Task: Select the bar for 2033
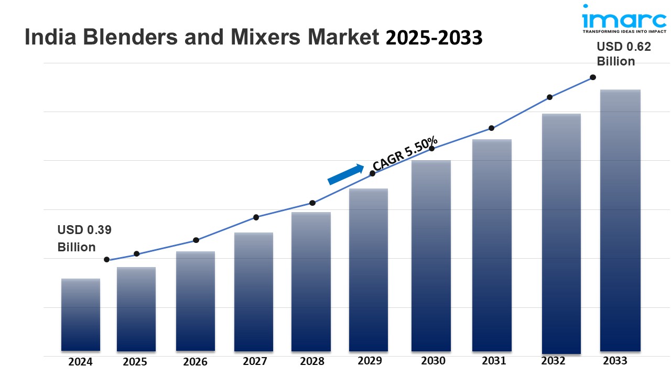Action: [x=620, y=220]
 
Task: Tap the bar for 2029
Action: [x=368, y=270]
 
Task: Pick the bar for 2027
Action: [x=253, y=292]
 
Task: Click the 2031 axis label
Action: [x=494, y=361]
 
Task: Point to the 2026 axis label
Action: [x=195, y=362]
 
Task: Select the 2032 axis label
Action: [x=553, y=361]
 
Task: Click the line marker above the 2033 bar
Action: [x=593, y=77]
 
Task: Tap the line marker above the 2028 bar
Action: [x=312, y=203]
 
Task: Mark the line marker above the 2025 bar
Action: [x=137, y=254]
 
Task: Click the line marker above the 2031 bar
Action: [x=492, y=128]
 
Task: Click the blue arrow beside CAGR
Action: [x=345, y=174]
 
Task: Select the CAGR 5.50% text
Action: [x=405, y=153]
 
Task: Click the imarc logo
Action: [x=623, y=21]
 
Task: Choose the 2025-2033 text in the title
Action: [x=434, y=38]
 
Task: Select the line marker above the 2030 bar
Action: [x=432, y=149]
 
